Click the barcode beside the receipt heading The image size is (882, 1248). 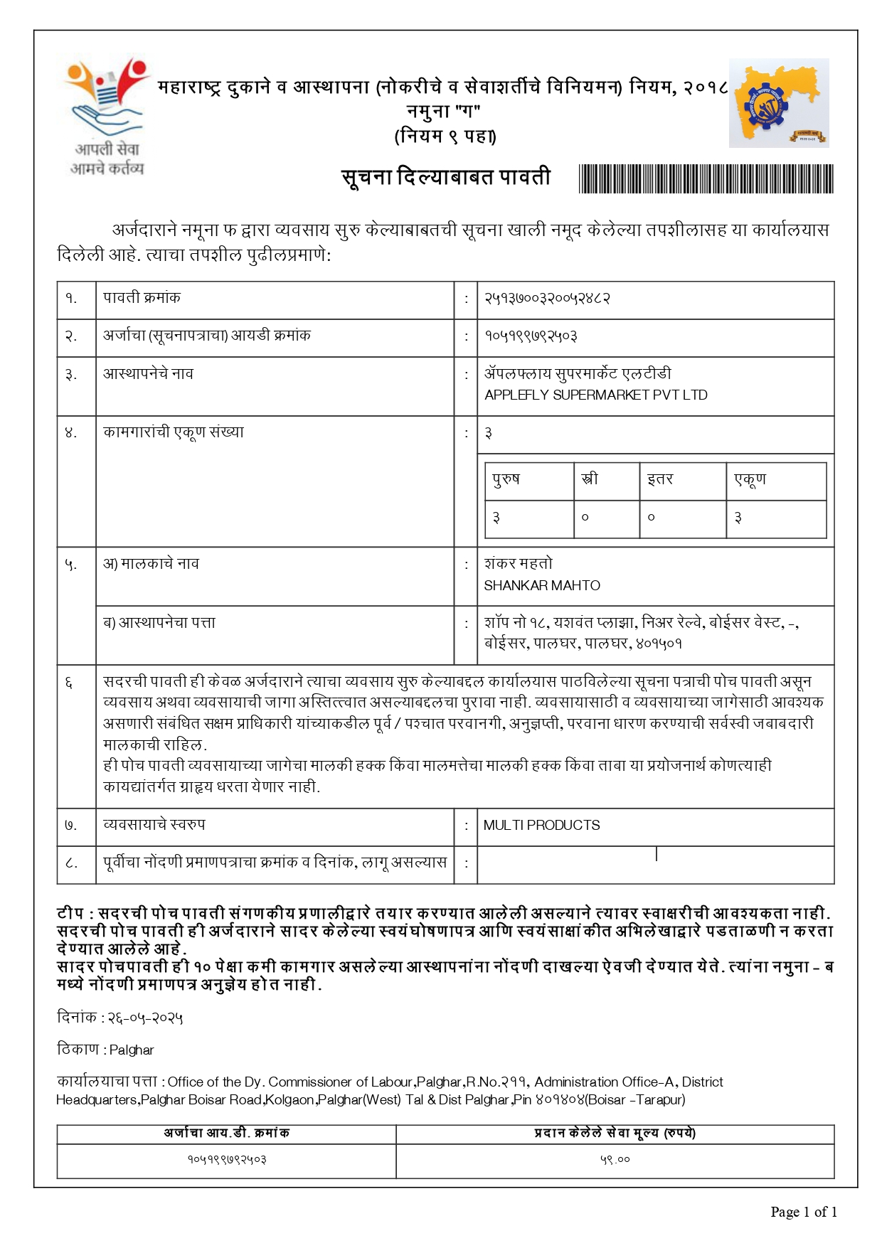tap(706, 178)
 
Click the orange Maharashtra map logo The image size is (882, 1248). tap(778, 103)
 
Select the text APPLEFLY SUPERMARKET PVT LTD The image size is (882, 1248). tap(595, 395)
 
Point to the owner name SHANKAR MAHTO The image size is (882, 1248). tap(542, 586)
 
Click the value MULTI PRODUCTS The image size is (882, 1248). tap(541, 826)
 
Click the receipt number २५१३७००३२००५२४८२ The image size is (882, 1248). tap(547, 299)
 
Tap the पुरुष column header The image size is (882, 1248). tap(506, 479)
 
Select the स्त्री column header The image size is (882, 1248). tap(589, 479)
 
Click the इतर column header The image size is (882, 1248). tap(659, 479)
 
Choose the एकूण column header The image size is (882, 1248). tap(750, 479)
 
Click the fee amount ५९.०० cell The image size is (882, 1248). tap(615, 1160)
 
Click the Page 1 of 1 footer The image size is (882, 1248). tap(803, 1212)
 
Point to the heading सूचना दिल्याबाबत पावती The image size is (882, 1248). tap(446, 177)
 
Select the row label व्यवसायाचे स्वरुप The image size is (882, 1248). tap(154, 825)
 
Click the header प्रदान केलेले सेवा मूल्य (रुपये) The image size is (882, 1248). tap(615, 1133)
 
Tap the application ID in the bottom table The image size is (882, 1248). tap(226, 1160)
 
